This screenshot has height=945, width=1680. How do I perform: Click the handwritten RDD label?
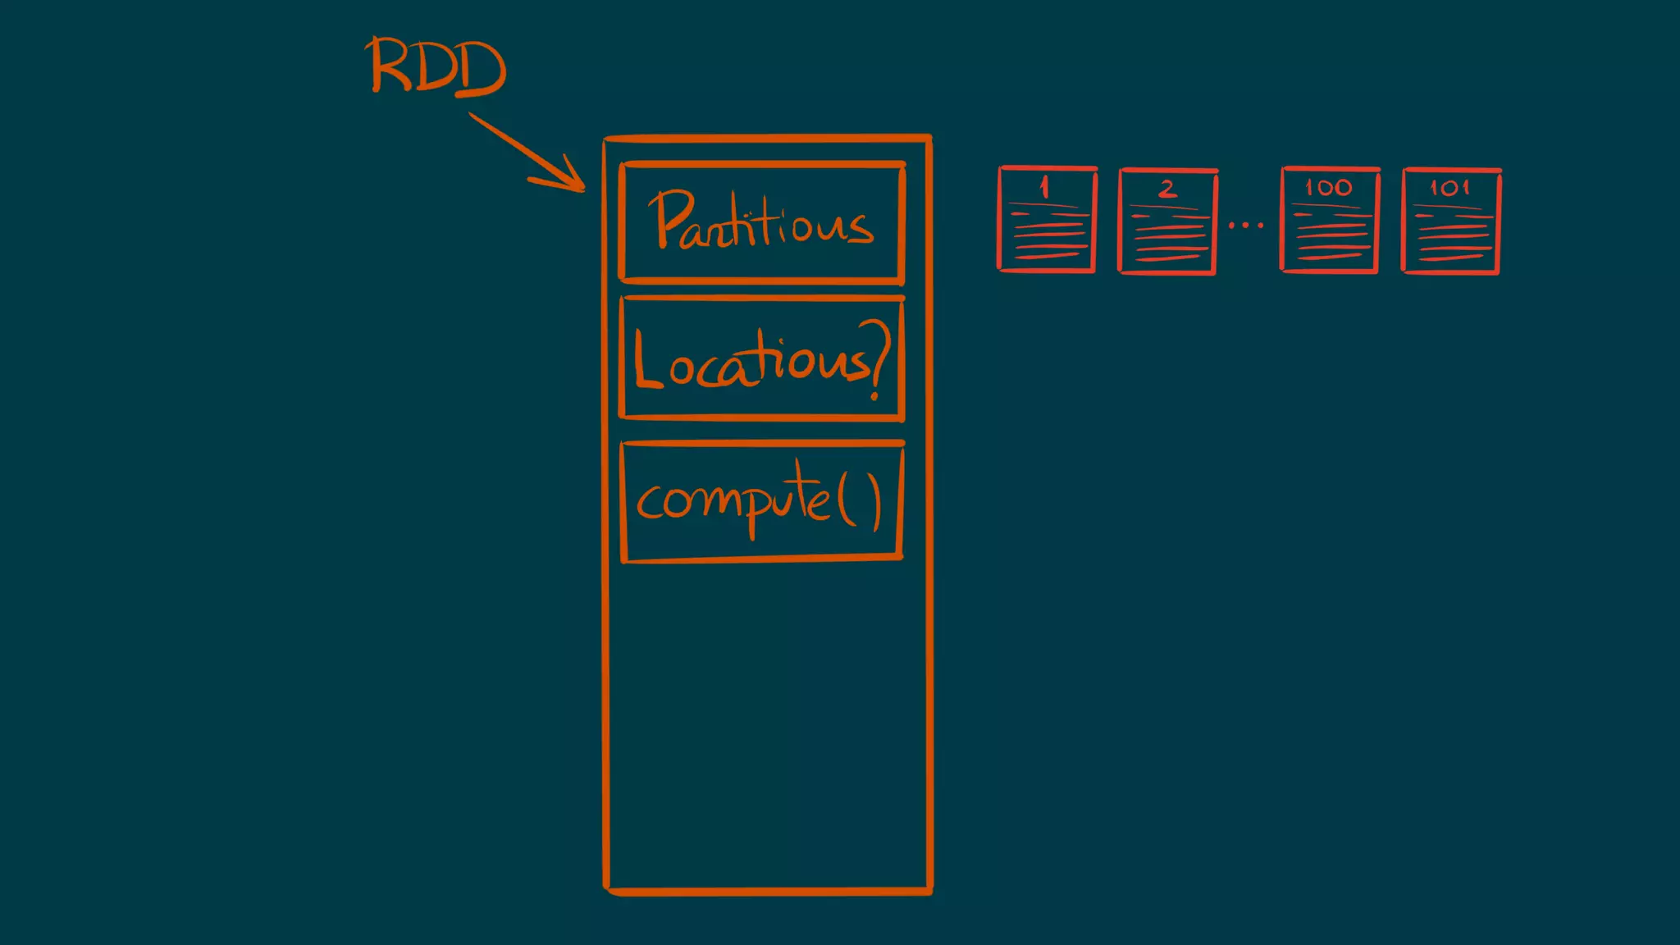click(x=437, y=66)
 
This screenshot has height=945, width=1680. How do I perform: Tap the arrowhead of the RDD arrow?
click(x=574, y=182)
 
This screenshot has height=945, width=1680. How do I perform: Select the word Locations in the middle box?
click(x=751, y=361)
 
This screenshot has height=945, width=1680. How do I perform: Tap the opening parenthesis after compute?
click(x=846, y=501)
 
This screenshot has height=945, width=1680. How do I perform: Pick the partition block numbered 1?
click(x=1048, y=220)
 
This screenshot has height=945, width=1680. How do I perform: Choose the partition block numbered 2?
click(x=1167, y=221)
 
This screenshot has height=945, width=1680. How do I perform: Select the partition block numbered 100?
click(x=1330, y=220)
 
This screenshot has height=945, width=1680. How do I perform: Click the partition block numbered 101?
click(x=1451, y=221)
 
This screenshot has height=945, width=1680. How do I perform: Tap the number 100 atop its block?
click(x=1329, y=188)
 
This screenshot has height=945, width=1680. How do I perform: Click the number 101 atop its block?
click(x=1449, y=189)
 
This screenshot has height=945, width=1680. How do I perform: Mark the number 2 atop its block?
click(x=1167, y=189)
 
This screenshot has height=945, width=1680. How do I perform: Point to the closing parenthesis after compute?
click(x=875, y=503)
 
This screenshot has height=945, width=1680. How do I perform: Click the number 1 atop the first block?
click(x=1044, y=187)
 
